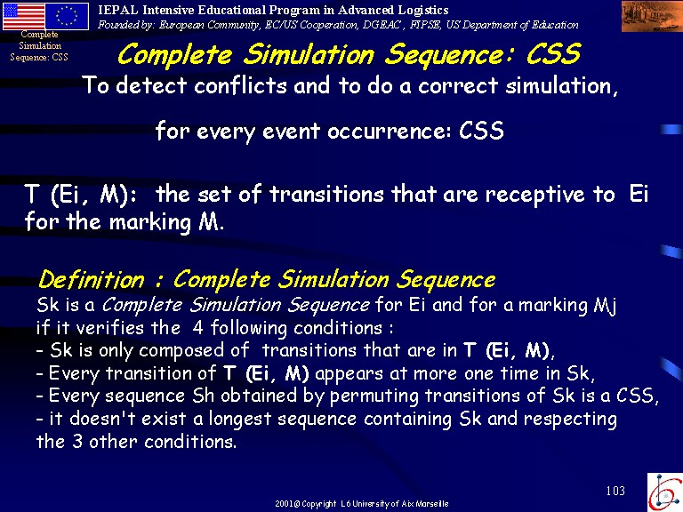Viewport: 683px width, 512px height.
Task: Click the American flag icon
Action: [23, 16]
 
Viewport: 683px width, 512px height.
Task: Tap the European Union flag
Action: [67, 16]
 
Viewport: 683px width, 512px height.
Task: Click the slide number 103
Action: [615, 491]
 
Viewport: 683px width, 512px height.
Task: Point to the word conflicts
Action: [240, 85]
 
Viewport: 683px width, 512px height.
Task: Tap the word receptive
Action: [534, 195]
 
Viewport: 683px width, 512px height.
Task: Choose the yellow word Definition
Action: [91, 279]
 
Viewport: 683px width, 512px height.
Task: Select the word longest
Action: [240, 420]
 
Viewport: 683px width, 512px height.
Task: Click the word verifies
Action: [110, 328]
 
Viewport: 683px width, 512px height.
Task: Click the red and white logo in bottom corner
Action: [664, 492]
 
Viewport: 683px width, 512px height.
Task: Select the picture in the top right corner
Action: [652, 16]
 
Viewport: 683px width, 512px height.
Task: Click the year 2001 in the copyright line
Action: [285, 504]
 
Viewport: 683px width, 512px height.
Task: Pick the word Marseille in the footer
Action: [431, 504]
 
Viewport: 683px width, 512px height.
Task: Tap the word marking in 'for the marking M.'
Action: [150, 223]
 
